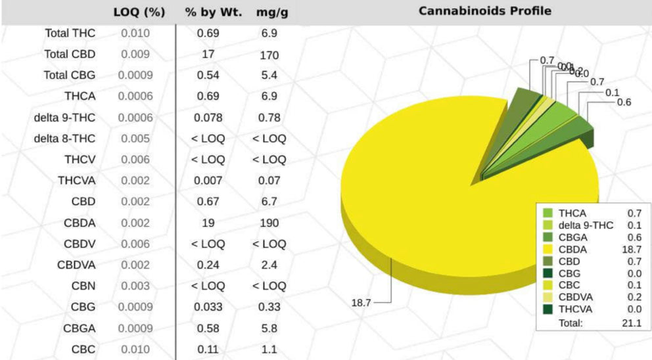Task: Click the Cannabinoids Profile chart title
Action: pyautogui.click(x=484, y=11)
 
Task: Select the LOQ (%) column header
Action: pyautogui.click(x=139, y=12)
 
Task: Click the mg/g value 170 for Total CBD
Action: pyautogui.click(x=269, y=55)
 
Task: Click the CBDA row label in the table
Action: pyautogui.click(x=80, y=223)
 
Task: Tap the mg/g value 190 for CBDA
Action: pyautogui.click(x=269, y=223)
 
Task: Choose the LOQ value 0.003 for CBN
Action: pyautogui.click(x=135, y=286)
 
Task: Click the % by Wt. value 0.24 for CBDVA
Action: pyautogui.click(x=208, y=265)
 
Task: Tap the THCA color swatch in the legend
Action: pyautogui.click(x=547, y=213)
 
